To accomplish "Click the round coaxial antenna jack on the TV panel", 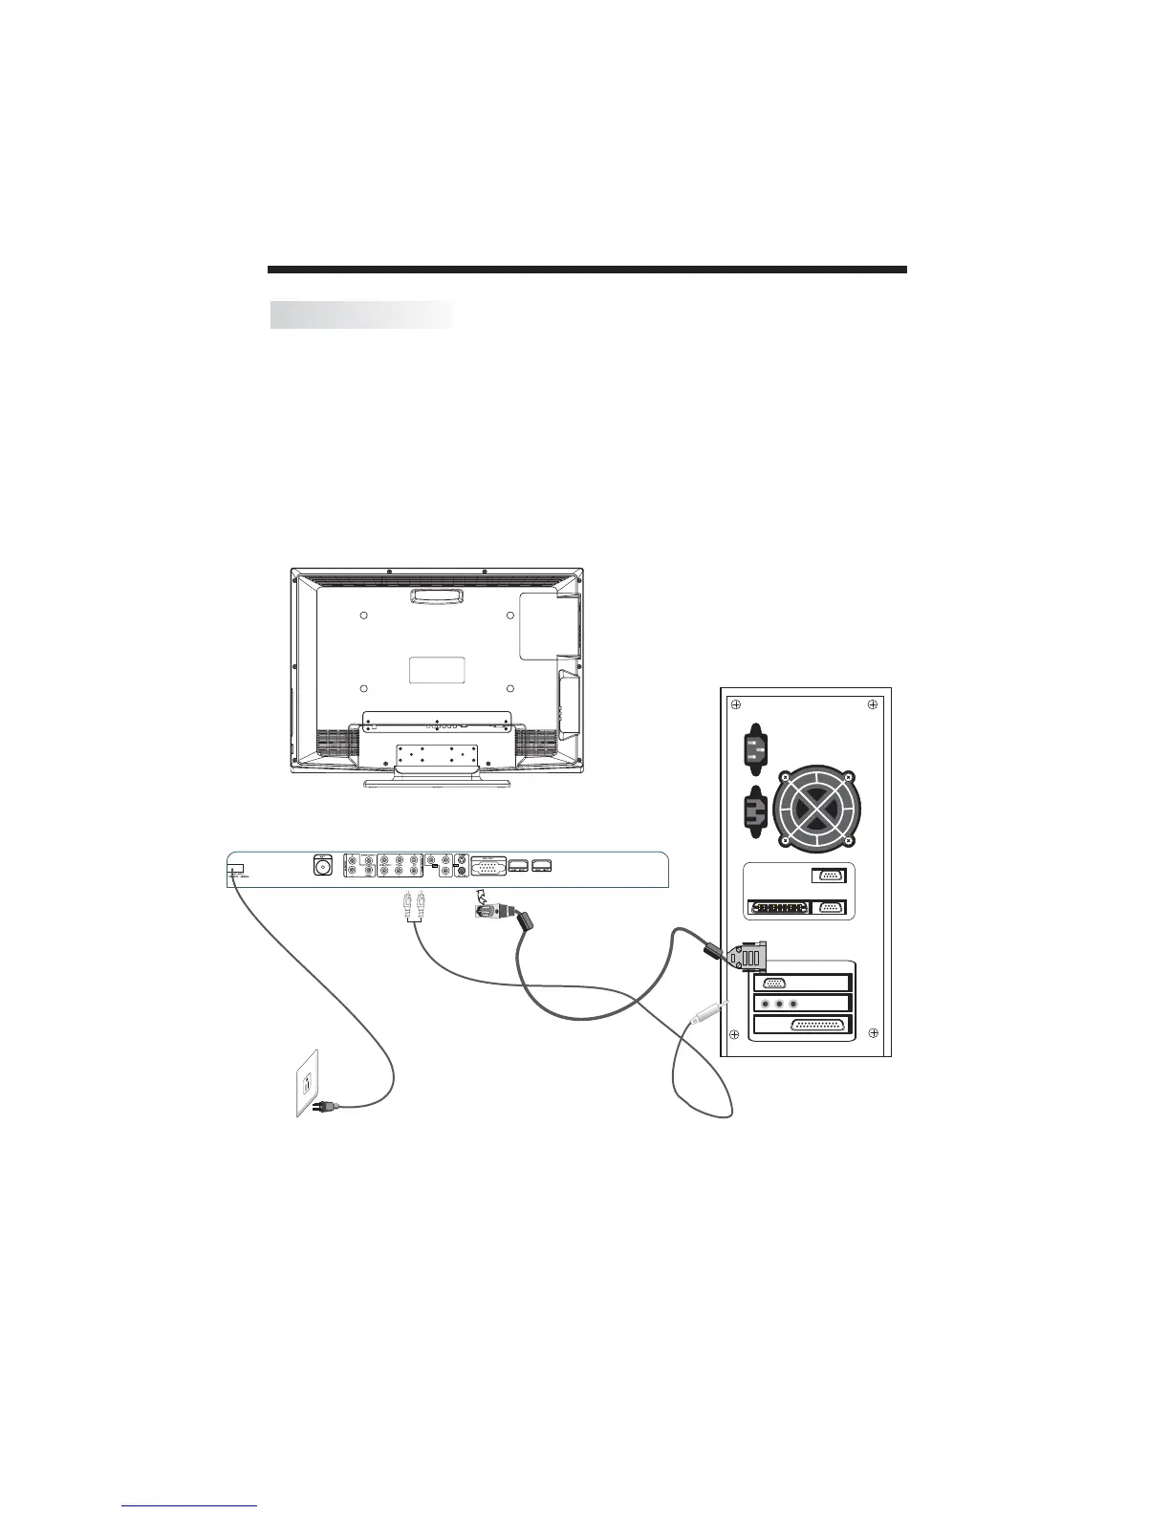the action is tap(322, 867).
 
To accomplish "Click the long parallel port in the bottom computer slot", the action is tap(820, 1026).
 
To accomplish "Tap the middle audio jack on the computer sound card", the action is tap(779, 1005).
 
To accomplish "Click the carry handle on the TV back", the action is tap(436, 595).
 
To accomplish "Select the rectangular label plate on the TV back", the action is tap(437, 669).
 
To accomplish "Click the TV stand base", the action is tap(436, 784).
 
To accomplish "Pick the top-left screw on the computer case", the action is tap(735, 705).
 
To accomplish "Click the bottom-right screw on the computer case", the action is tap(872, 1033).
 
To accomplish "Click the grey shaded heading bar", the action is tap(361, 314).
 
